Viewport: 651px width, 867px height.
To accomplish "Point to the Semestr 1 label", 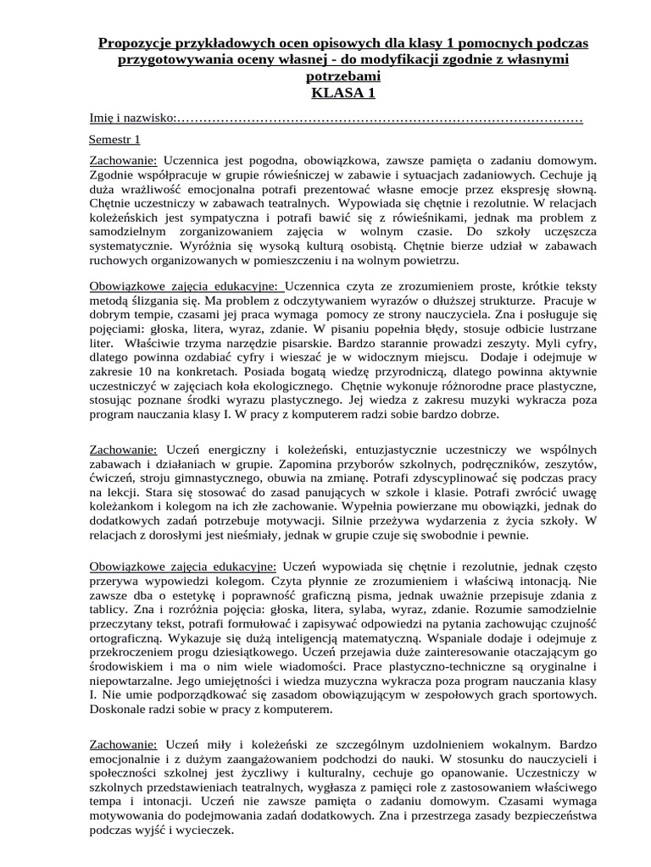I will (114, 139).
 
